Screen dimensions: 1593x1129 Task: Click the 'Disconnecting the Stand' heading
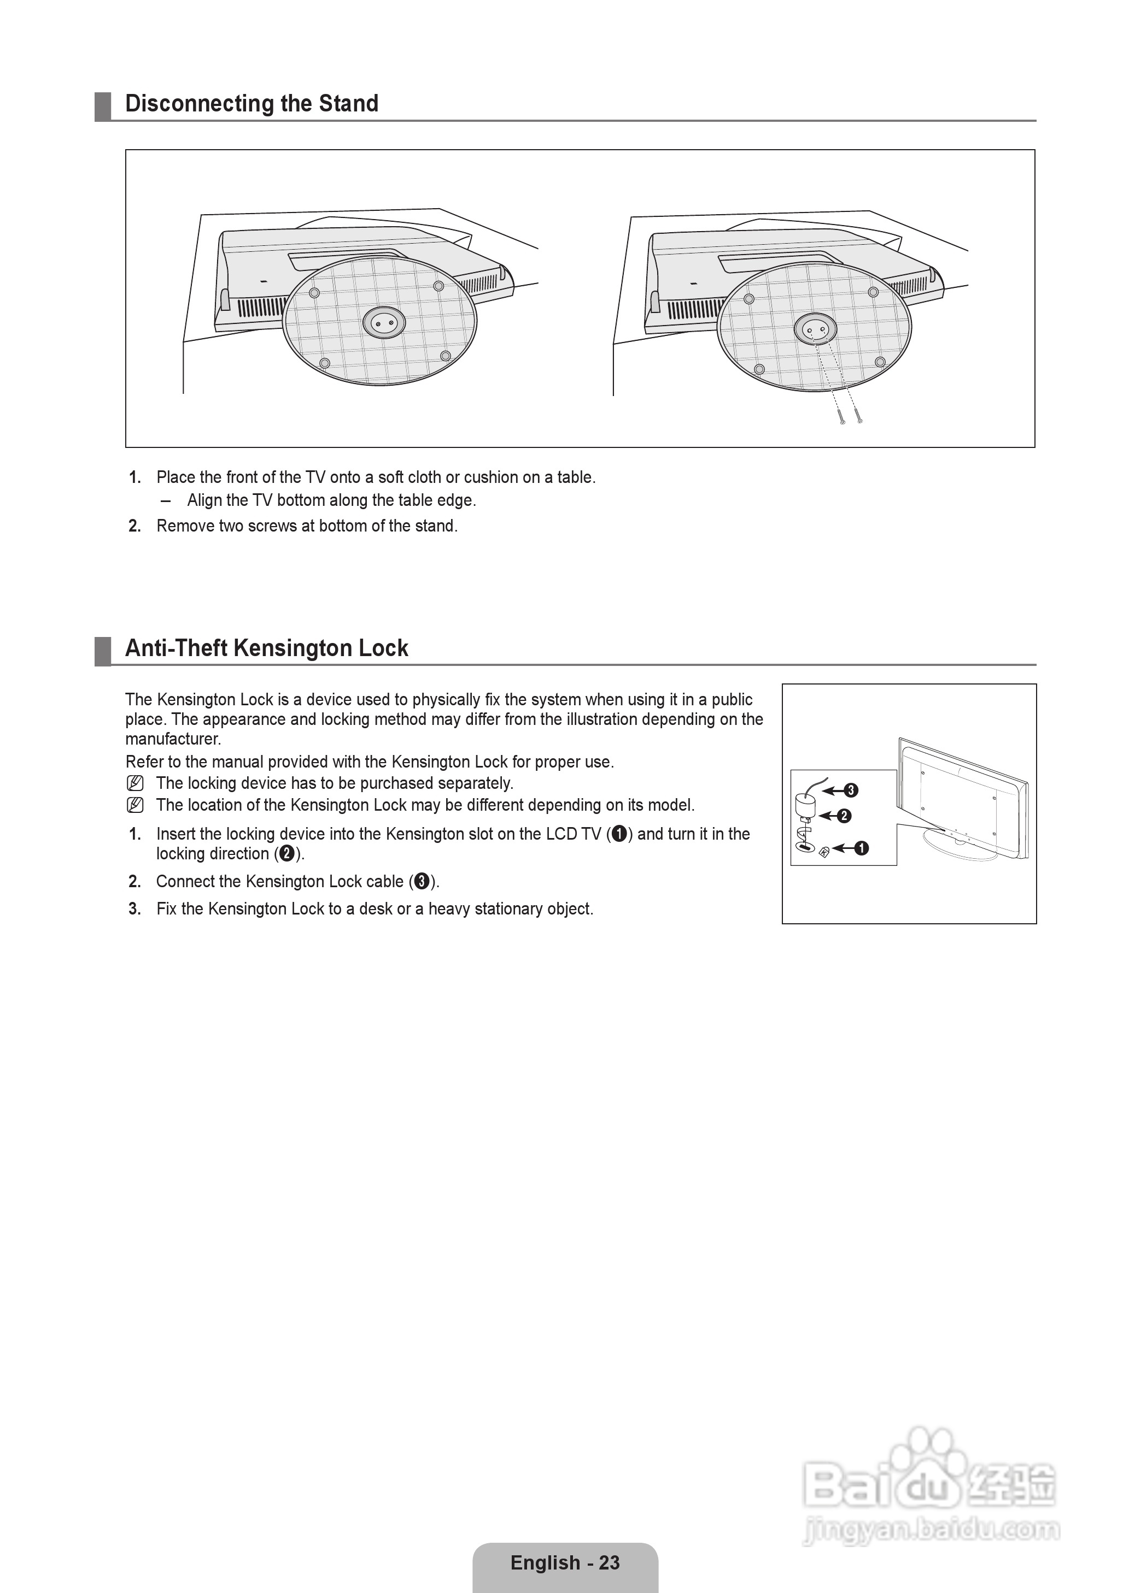251,103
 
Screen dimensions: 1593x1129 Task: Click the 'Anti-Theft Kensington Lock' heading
266,648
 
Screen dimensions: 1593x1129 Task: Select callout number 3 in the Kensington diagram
851,790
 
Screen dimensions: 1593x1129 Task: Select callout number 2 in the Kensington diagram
845,816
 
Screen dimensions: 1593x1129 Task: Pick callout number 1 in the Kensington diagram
861,848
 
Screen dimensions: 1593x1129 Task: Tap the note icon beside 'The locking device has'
136,783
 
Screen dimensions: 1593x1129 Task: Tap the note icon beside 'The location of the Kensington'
136,805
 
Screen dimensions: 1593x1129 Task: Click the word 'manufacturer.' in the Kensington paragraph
173,739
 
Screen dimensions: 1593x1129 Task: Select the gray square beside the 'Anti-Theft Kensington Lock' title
103,651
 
